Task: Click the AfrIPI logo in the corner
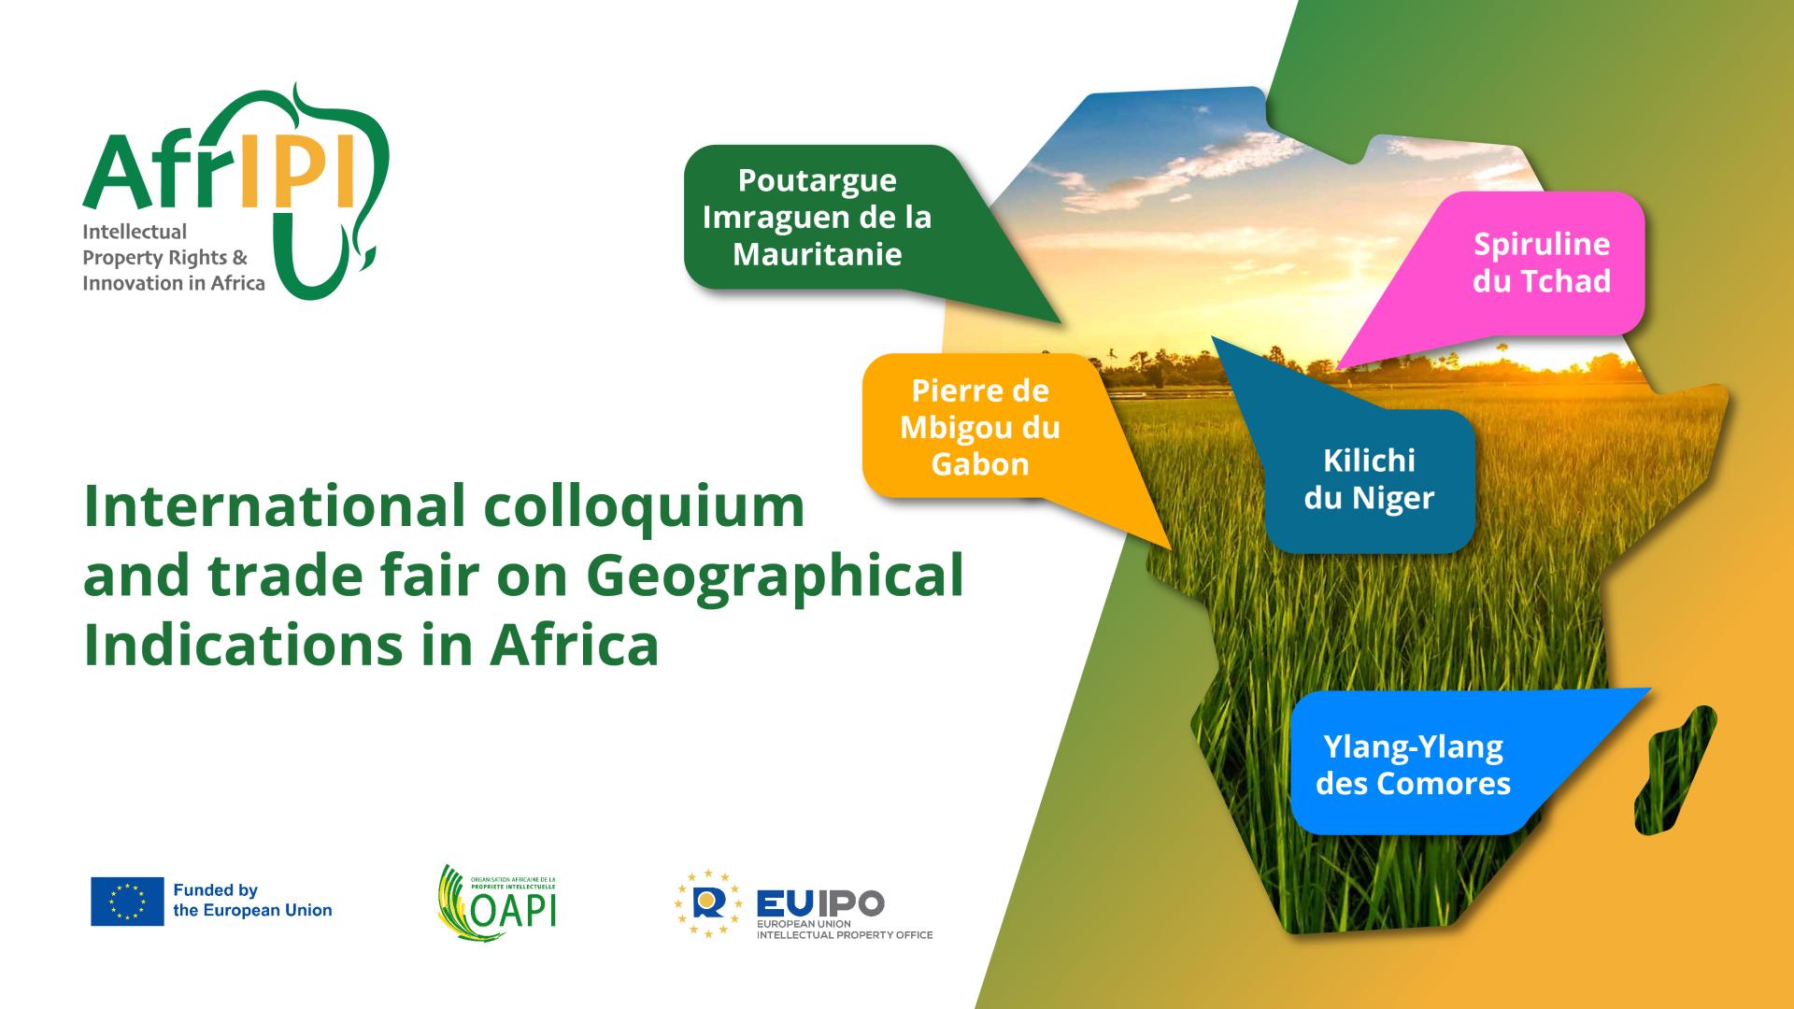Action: (x=234, y=192)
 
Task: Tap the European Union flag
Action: (x=127, y=901)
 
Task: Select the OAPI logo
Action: (x=497, y=902)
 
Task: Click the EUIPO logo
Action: (x=804, y=905)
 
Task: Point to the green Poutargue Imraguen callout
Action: (x=817, y=217)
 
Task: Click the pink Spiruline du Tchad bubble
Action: (x=1542, y=263)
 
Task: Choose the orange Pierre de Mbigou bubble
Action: (x=980, y=427)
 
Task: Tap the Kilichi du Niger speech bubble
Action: (x=1369, y=479)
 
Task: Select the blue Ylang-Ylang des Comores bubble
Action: (x=1413, y=764)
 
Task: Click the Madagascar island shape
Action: (x=1676, y=771)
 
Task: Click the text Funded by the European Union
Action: (x=252, y=901)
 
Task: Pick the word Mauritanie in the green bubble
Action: (x=817, y=254)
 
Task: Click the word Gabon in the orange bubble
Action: (x=980, y=464)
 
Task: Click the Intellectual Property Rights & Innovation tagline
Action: (x=174, y=257)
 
